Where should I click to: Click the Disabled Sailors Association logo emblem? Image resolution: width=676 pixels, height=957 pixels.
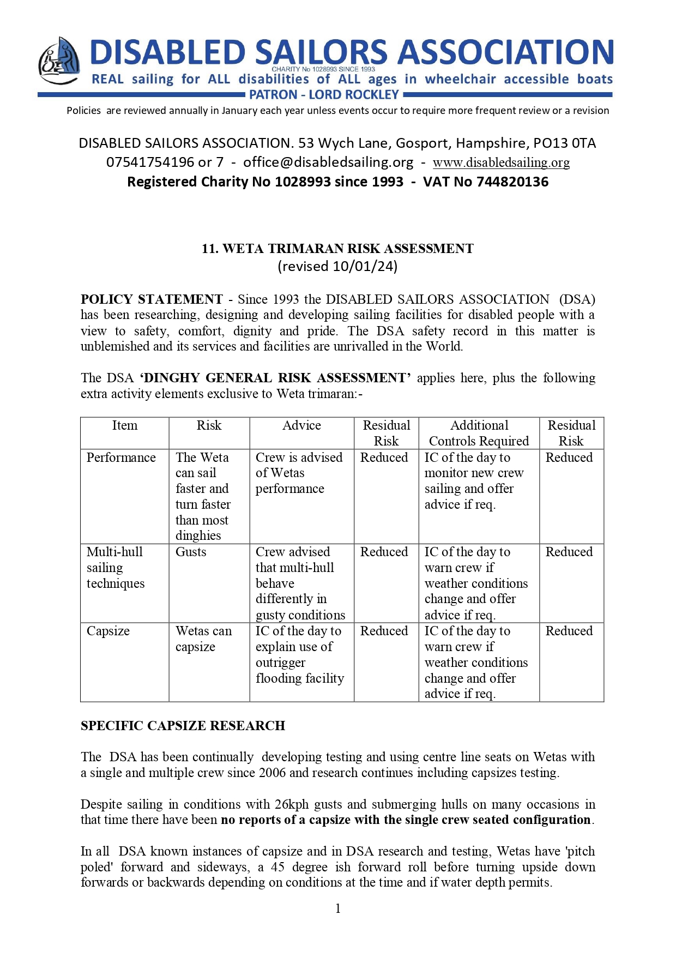[59, 61]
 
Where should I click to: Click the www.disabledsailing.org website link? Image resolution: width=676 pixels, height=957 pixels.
[501, 162]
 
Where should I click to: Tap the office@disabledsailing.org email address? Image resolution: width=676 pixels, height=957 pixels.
[328, 162]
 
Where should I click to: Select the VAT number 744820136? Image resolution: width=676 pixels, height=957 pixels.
[512, 182]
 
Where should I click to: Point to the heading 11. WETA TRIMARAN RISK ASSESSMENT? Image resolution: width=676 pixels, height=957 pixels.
[337, 249]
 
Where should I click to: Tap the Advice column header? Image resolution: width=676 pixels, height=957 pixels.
[301, 425]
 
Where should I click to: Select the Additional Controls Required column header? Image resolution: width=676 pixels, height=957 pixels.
[479, 433]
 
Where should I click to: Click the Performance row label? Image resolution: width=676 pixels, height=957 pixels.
[121, 458]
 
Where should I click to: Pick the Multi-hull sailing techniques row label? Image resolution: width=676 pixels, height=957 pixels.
[116, 568]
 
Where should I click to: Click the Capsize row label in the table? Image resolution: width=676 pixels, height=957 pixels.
[108, 631]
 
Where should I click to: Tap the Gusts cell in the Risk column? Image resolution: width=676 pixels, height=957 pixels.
[191, 552]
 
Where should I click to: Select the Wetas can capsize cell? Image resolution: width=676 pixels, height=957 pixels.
[203, 639]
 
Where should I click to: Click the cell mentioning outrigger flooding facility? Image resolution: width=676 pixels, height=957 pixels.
[299, 654]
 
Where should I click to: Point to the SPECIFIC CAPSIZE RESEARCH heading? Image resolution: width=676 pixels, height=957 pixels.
[183, 726]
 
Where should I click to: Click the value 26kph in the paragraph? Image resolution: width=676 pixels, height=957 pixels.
[292, 804]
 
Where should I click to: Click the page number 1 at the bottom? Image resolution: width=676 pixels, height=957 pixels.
[338, 908]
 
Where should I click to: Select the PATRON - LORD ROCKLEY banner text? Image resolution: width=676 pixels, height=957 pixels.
[324, 95]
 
